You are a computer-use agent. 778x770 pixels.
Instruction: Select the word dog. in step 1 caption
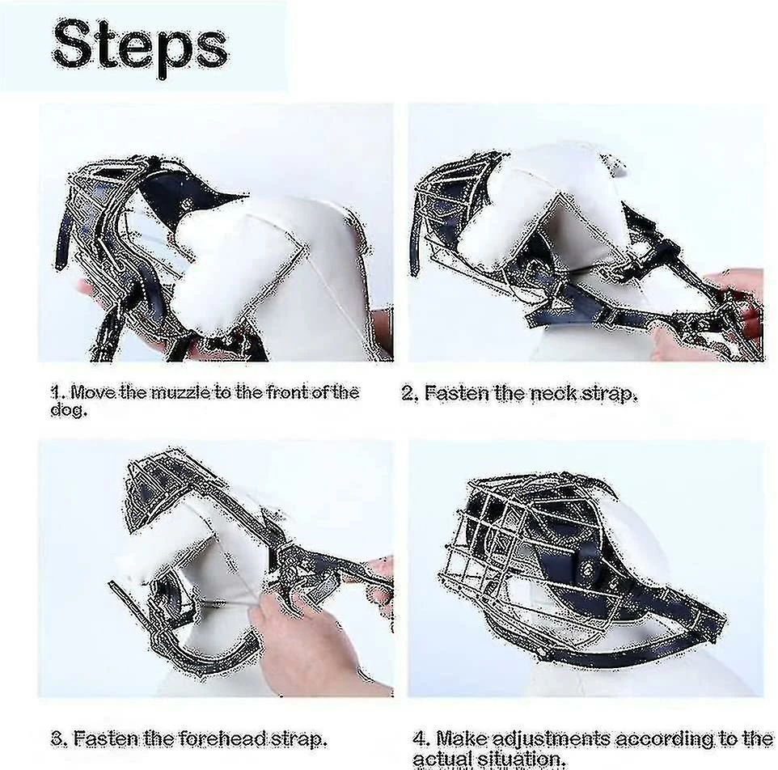(x=69, y=410)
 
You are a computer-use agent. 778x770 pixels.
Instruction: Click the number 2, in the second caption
(x=410, y=393)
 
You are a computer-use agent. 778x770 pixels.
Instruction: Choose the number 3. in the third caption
(x=60, y=738)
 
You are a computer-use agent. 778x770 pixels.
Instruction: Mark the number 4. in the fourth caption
(x=421, y=738)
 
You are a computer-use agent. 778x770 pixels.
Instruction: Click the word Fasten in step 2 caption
(x=456, y=393)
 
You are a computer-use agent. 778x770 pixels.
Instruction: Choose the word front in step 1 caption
(x=287, y=392)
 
